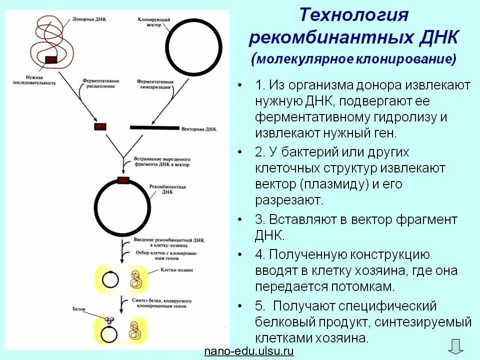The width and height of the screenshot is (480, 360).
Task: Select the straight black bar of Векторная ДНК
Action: click(x=154, y=127)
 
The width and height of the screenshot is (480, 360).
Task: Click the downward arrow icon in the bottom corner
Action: click(x=455, y=346)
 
